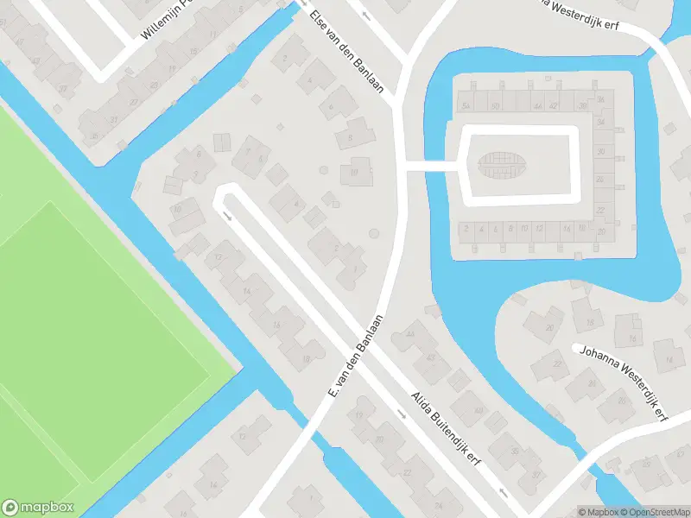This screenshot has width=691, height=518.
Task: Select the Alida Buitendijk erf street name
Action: coord(444,431)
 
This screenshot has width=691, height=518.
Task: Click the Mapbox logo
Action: coord(38,508)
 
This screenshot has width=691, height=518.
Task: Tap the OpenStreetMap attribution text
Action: coord(654,512)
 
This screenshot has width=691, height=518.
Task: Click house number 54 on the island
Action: coord(466,106)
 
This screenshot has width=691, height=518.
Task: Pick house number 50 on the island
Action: coord(494,106)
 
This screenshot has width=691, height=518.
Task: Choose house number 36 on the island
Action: coord(601,100)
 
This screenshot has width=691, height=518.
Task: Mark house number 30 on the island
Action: coord(599,152)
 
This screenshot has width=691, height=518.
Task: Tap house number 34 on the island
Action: coord(600,123)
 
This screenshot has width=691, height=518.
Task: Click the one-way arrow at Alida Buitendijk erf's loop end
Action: coord(227,216)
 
